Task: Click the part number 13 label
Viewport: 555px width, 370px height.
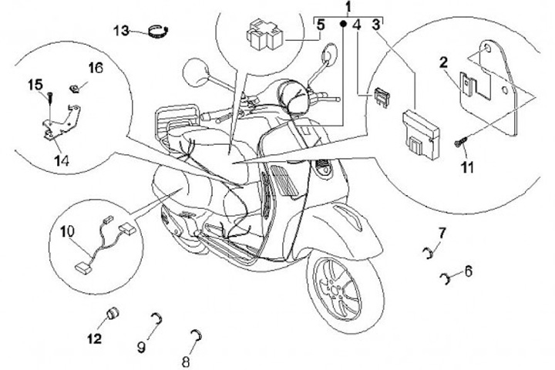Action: click(121, 30)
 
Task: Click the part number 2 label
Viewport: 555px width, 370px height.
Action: click(444, 62)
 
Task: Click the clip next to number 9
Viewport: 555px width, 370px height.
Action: click(156, 318)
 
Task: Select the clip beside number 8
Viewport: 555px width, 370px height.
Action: click(197, 333)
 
